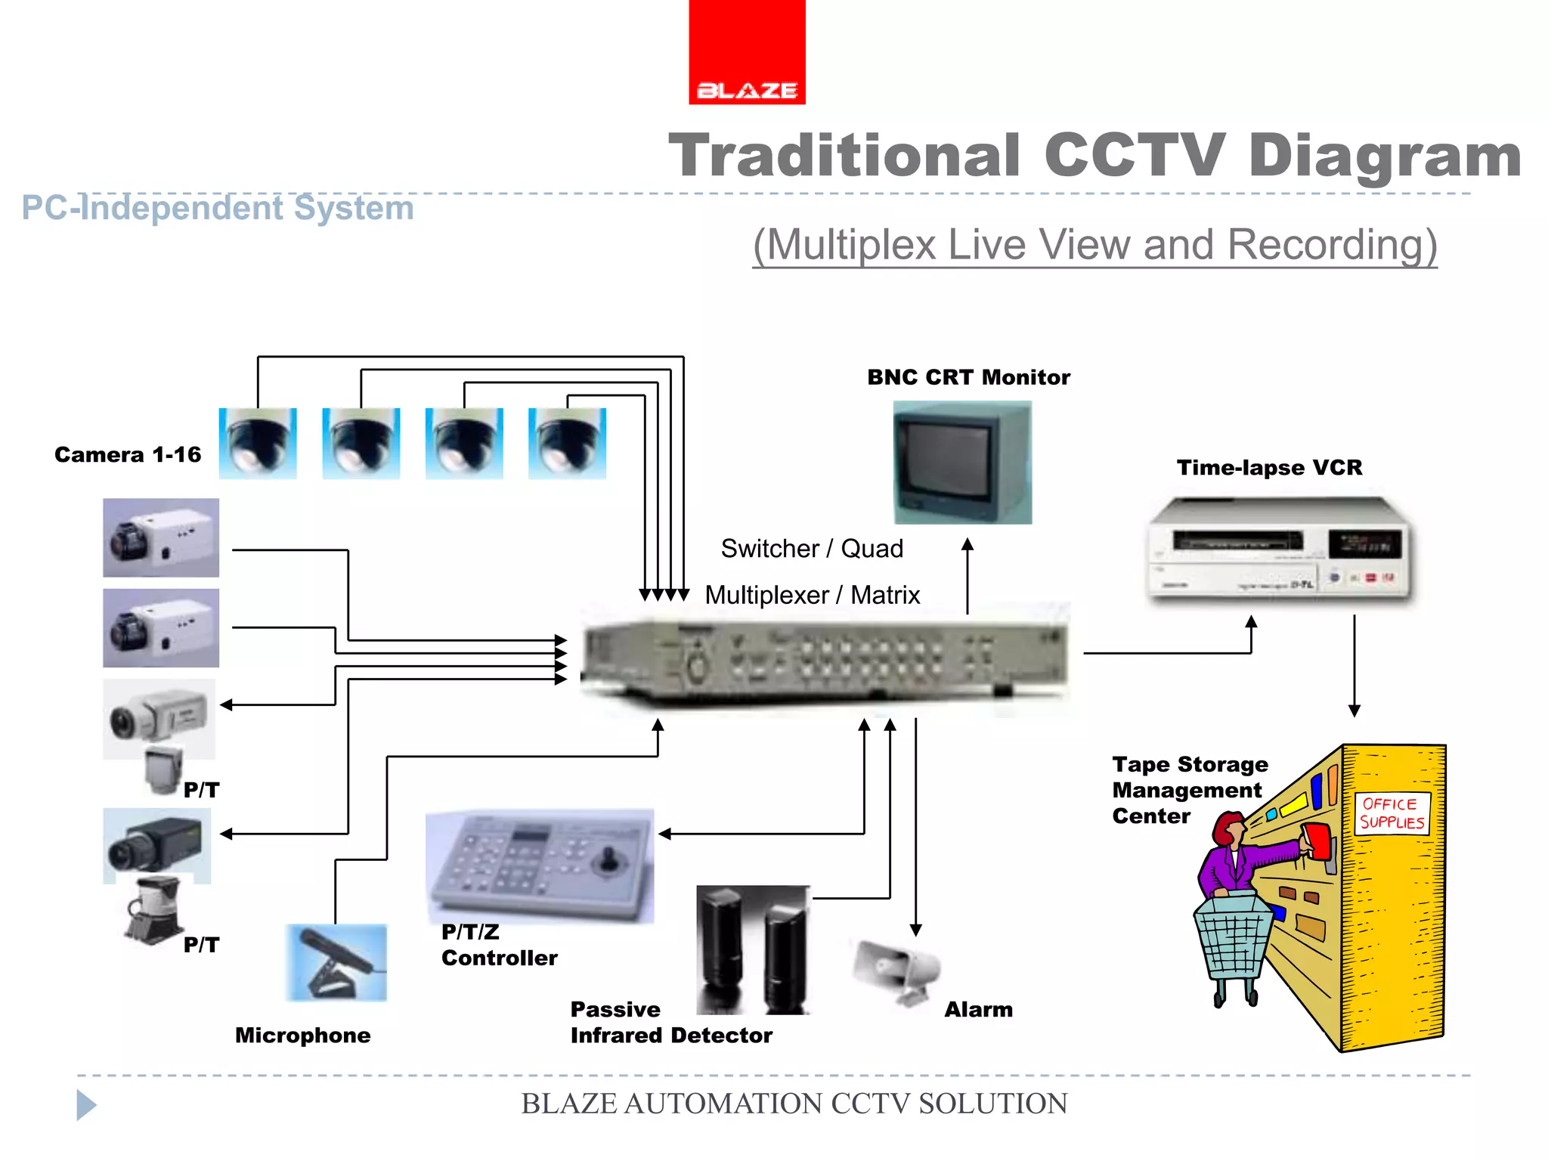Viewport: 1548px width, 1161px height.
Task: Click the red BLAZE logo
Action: pos(747,53)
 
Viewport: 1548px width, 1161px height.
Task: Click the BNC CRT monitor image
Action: pos(961,463)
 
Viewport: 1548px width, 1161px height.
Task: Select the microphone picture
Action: pos(337,962)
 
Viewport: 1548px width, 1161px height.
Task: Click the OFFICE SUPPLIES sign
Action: pos(1392,813)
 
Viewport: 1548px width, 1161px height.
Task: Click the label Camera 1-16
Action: pos(128,454)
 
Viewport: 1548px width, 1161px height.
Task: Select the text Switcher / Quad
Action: pos(812,548)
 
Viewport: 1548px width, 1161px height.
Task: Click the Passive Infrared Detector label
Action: pos(670,1022)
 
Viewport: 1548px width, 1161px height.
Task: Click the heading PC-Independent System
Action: pos(218,208)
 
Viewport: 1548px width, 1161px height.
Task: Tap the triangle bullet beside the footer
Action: pos(86,1104)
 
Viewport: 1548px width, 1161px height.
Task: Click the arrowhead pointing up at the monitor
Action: pos(967,544)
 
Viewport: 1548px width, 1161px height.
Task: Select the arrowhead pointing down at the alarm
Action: pos(915,930)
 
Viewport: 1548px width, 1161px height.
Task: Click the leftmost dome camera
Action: pos(258,443)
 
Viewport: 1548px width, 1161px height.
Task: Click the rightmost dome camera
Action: pos(567,443)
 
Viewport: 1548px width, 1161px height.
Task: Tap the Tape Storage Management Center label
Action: pos(1189,790)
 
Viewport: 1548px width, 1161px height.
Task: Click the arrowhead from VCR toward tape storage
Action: pos(1354,711)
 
